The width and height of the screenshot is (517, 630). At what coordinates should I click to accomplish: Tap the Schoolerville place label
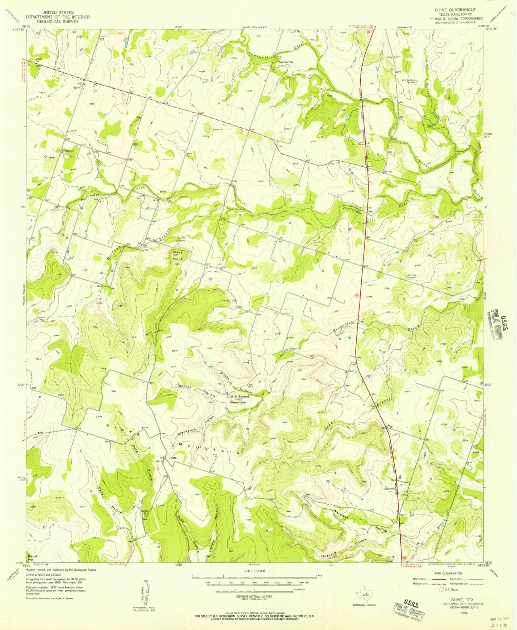(286, 62)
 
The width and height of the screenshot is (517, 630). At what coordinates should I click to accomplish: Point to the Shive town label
(77, 88)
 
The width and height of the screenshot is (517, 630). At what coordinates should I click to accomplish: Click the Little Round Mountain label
(238, 399)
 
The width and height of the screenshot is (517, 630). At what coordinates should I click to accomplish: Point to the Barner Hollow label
(196, 391)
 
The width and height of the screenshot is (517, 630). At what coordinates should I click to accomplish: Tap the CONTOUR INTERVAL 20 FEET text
(254, 597)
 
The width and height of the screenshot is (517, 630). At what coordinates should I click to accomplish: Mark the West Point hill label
(177, 255)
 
